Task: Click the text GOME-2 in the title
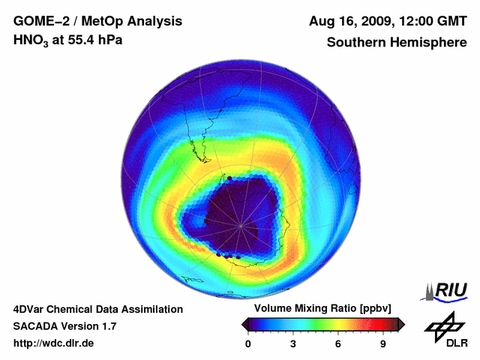pyautogui.click(x=40, y=22)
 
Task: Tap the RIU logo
pyautogui.click(x=448, y=289)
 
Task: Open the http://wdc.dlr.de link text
pyautogui.click(x=54, y=343)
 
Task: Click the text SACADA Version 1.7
pyautogui.click(x=64, y=326)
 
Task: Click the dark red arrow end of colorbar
pyautogui.click(x=401, y=324)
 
